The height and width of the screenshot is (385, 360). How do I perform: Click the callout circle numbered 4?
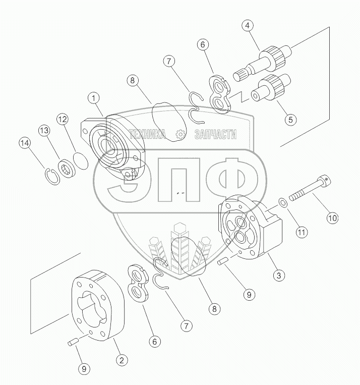click(x=248, y=26)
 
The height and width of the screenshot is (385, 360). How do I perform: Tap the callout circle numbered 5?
click(x=290, y=120)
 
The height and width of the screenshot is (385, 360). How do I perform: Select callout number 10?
click(x=332, y=218)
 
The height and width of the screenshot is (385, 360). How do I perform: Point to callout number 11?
click(x=302, y=232)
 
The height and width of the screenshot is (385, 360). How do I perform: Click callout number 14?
click(x=25, y=143)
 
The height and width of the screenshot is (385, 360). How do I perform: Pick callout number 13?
click(x=44, y=130)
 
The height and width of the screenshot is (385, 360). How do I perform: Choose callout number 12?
click(x=63, y=119)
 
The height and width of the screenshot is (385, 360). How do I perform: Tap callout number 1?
click(x=93, y=98)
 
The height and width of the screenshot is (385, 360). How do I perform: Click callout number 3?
click(x=279, y=275)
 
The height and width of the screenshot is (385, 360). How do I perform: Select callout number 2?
click(x=122, y=360)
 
